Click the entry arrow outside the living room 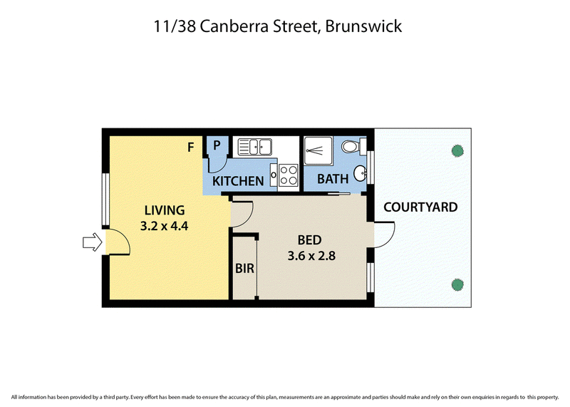93,242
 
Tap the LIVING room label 165,210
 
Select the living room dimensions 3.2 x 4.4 165,226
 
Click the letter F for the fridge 190,148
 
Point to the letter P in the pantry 217,145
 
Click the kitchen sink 254,147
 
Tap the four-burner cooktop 289,175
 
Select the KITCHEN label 238,181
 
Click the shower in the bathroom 318,150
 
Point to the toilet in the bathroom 353,147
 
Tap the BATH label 333,179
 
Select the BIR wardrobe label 244,269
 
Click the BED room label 309,240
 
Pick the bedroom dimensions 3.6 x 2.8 311,256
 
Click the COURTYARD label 420,207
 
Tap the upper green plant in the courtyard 457,150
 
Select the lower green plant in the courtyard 457,284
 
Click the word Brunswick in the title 363,26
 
